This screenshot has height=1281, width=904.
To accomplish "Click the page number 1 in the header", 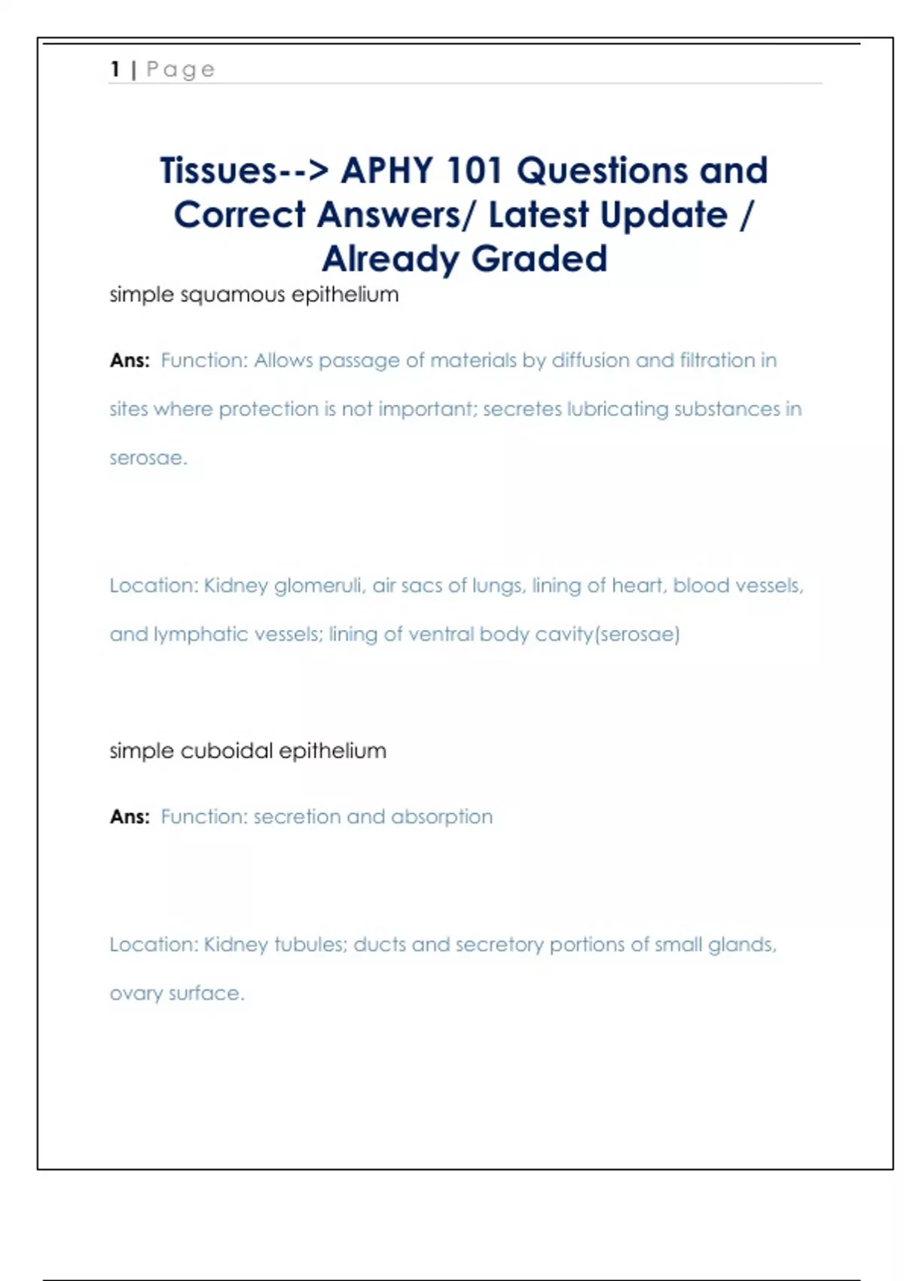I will (x=115, y=69).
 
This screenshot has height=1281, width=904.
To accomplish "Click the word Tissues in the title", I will (x=218, y=170).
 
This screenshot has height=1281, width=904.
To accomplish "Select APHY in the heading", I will (x=386, y=170).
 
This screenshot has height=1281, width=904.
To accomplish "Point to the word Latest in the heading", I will (x=538, y=215).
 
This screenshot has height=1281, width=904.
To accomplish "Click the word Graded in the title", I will (x=539, y=259).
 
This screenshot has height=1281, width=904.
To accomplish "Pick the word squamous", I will (x=233, y=295).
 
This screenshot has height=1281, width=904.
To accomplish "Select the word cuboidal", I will (x=227, y=751).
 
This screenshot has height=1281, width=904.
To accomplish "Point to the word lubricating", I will (x=617, y=409).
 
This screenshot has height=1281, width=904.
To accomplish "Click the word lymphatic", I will (x=200, y=634).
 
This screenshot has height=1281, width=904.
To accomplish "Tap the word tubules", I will (x=310, y=945).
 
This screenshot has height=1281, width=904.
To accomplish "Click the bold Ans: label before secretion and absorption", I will (x=130, y=817).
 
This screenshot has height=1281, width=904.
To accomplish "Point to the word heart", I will (x=639, y=585).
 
